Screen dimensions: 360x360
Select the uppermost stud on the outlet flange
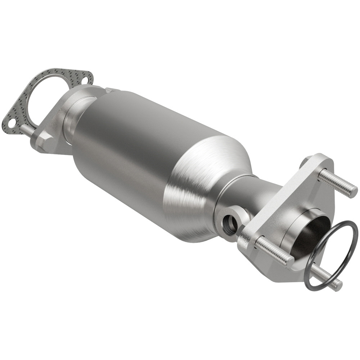337,183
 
